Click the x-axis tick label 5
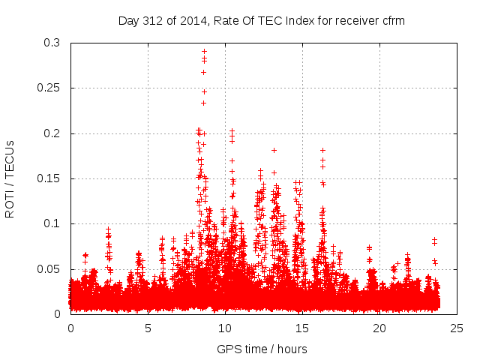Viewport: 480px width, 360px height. point(148,328)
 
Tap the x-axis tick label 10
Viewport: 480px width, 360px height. point(225,328)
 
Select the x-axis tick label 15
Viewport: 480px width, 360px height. point(302,328)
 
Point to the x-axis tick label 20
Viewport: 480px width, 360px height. point(379,328)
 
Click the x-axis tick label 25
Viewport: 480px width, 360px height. point(457,328)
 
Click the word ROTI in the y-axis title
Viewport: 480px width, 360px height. point(10,203)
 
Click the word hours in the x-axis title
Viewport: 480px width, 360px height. point(291,349)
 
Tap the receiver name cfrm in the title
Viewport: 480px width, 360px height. point(392,20)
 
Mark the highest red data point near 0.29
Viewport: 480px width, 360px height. point(204,51)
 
